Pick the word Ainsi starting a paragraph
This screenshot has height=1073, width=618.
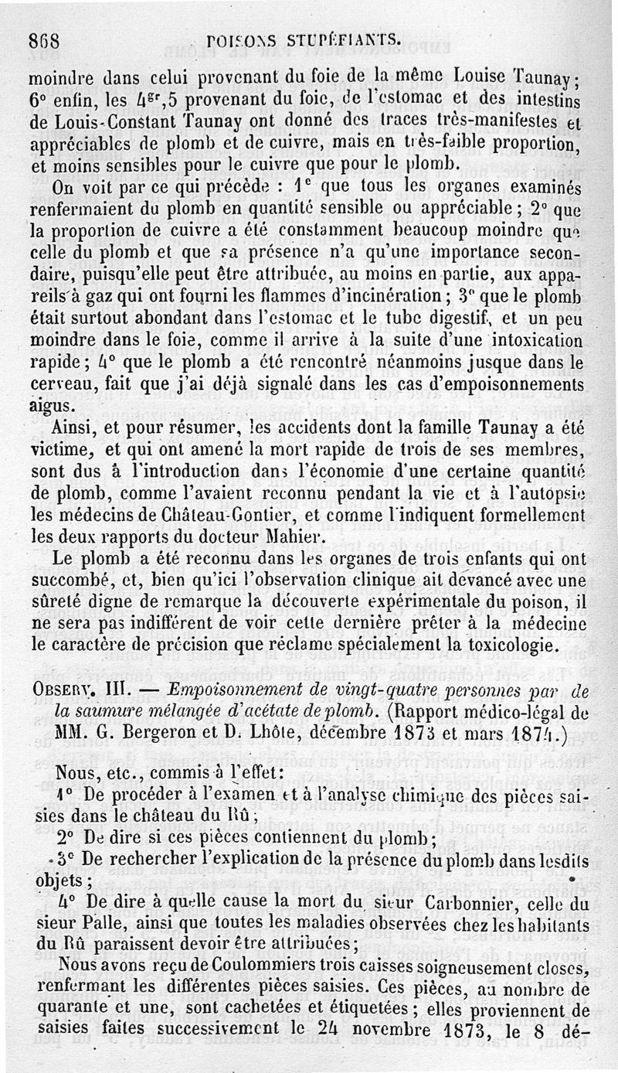coord(71,428)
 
